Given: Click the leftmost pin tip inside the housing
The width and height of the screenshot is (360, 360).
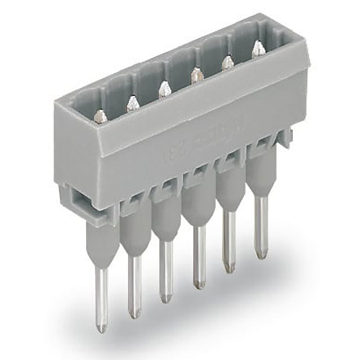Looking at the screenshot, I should [x=100, y=116].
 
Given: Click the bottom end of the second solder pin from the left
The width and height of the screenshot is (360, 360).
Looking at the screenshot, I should [x=134, y=313].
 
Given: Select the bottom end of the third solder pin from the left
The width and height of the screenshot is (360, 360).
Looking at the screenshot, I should [x=165, y=298].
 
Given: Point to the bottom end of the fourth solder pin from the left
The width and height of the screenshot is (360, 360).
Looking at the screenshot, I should [x=199, y=284].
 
